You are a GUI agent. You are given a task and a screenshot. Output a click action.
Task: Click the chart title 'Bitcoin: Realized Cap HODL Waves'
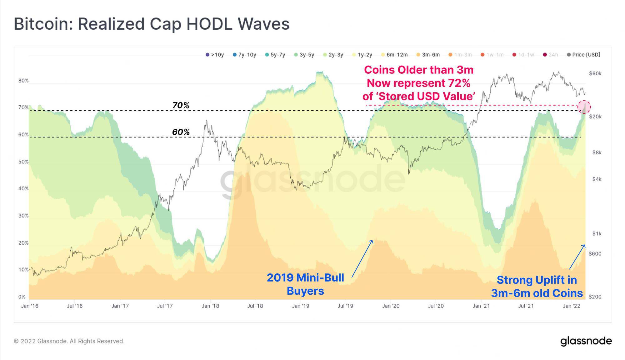coord(152,24)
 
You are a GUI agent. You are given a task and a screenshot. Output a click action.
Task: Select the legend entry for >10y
coord(215,55)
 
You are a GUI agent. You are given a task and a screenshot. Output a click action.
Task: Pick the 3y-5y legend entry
coord(304,55)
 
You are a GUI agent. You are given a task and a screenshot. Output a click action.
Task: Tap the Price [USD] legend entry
coord(583,55)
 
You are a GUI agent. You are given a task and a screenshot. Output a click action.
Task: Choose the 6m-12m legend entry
coord(394,55)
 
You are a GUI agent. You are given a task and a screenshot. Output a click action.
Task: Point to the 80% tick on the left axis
coord(23,81)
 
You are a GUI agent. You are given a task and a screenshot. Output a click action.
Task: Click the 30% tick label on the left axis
coord(23,216)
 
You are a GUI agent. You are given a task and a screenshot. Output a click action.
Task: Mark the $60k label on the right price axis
coord(595,74)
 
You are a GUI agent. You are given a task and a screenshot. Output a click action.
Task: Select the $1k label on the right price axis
coord(597,234)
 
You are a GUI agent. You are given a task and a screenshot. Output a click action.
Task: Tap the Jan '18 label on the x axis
coord(210,306)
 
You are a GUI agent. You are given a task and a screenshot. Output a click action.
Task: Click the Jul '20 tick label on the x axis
coord(436,306)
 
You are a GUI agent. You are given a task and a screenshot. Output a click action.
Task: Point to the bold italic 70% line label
coord(181,105)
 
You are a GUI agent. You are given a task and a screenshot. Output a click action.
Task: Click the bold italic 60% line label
coord(181,132)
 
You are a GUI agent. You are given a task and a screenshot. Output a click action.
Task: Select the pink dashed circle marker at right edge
coord(584,107)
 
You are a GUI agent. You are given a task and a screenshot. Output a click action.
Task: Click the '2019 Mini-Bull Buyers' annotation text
coord(305,284)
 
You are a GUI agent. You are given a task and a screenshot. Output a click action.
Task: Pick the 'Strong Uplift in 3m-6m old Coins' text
coord(537,287)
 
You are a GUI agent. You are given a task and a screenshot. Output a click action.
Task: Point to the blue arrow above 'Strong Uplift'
coord(577,257)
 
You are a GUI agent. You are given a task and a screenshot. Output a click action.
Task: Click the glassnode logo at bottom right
coord(586,341)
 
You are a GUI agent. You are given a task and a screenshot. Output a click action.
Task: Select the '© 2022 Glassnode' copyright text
coord(69,341)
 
